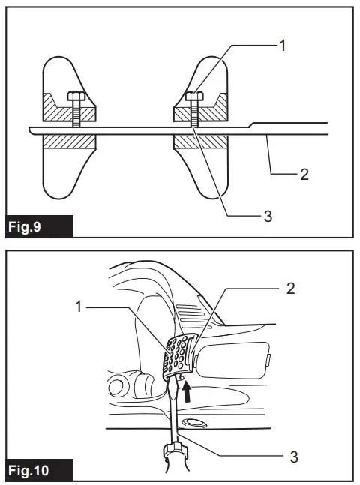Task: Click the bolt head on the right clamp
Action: tap(193, 97)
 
